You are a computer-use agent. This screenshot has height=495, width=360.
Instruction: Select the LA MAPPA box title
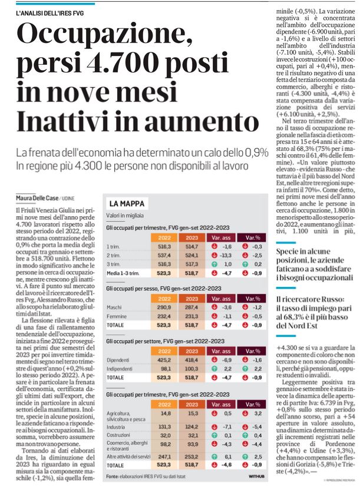(127, 204)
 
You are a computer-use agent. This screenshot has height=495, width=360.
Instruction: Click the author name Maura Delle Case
(37, 198)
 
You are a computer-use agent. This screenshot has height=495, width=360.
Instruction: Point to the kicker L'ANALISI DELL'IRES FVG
(50, 13)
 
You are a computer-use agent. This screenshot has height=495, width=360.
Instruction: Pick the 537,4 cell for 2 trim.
(164, 255)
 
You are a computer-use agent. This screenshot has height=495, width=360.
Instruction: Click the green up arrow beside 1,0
(214, 264)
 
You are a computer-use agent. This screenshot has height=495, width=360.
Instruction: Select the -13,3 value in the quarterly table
(226, 255)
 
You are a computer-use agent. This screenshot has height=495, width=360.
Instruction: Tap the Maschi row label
(114, 307)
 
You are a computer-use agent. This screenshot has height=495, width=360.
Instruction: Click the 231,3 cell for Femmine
(191, 316)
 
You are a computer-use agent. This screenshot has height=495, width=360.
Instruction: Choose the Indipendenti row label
(118, 369)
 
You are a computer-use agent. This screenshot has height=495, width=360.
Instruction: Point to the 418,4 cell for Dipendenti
(191, 360)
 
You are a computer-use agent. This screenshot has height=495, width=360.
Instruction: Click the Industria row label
(115, 427)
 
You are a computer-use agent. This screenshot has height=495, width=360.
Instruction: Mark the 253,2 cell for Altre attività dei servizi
(191, 457)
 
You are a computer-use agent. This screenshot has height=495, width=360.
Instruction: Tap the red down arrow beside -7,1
(214, 427)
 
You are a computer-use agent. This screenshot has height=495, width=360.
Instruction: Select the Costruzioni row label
(118, 435)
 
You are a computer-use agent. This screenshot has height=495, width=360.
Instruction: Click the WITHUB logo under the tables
(256, 476)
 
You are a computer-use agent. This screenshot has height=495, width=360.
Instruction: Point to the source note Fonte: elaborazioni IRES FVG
(146, 476)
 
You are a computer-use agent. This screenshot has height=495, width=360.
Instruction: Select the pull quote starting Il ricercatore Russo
(314, 312)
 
